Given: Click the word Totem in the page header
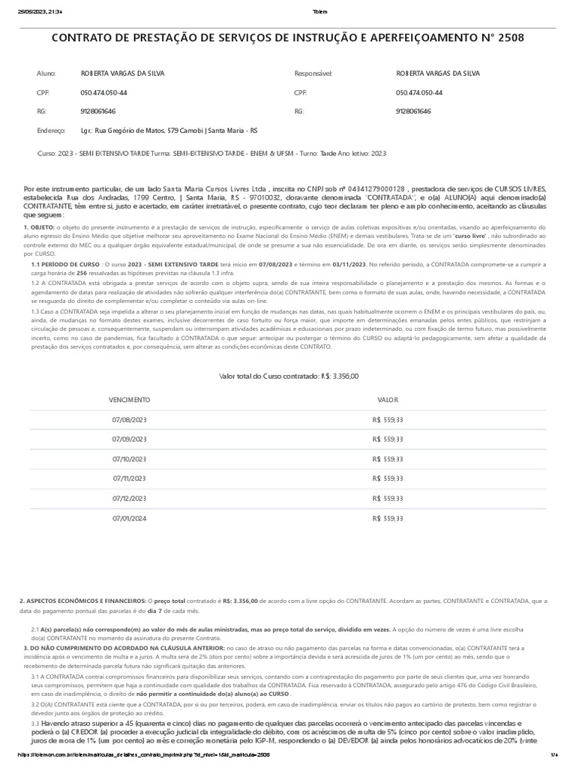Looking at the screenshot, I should click(319, 11).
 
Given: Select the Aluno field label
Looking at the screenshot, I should click(46, 73).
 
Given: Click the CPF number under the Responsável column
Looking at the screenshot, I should click(419, 92).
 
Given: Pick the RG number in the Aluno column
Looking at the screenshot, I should click(98, 111).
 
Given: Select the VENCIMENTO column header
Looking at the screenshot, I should click(130, 400).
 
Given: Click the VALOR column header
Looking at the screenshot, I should click(388, 400).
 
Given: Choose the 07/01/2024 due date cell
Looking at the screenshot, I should click(130, 517).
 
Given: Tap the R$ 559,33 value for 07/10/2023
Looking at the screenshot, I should click(388, 459).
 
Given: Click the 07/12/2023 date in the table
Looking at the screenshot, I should click(130, 498).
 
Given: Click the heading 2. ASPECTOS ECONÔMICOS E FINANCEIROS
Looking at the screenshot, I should click(82, 600).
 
